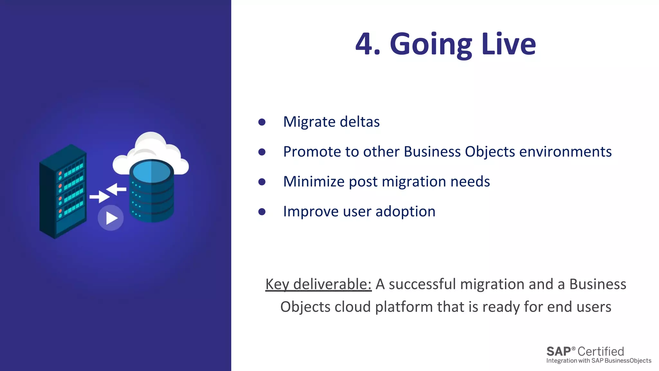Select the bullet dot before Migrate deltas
point(262,122)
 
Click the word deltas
point(359,122)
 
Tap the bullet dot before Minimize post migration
point(262,182)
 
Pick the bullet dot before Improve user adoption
point(262,212)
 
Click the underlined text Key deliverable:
point(318,284)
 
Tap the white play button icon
point(111,218)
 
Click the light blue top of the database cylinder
point(151,172)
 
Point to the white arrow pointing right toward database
point(99,196)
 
